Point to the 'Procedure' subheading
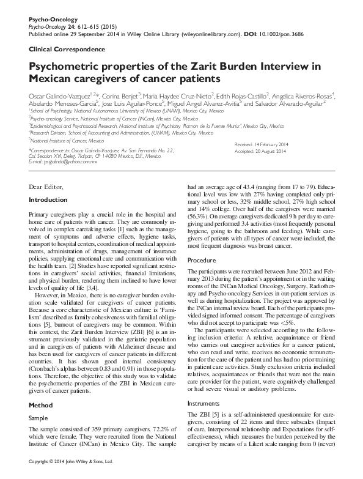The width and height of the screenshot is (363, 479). point(202,261)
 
